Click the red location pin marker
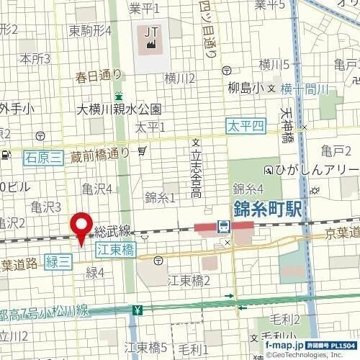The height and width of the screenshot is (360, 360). [81, 226]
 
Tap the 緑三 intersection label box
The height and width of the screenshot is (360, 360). [58, 263]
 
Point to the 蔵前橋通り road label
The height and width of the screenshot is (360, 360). [100, 153]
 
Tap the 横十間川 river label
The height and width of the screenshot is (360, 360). [305, 89]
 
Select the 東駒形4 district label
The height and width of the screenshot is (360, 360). [90, 31]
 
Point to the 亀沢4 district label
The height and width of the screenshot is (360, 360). [96, 189]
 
